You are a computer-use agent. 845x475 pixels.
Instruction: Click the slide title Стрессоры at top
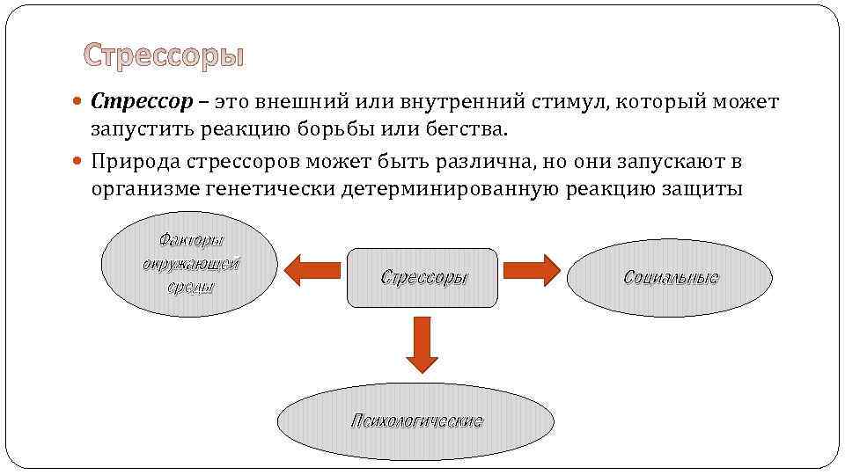164,56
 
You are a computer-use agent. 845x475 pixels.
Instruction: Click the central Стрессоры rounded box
423,277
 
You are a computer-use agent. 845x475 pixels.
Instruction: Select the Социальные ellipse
670,277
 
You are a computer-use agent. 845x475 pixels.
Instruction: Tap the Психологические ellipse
416,420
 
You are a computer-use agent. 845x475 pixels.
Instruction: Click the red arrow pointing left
312,269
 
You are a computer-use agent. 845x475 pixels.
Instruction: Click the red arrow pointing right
533,269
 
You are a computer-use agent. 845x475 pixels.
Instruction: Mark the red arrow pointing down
423,346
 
